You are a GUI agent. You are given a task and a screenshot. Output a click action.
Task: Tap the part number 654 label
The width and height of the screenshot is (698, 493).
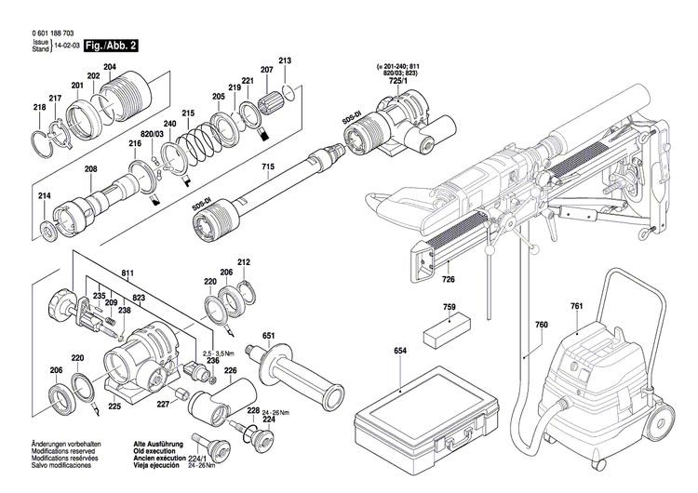coord(400,351)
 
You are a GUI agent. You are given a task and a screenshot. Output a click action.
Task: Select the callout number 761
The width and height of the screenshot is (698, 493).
coord(576,306)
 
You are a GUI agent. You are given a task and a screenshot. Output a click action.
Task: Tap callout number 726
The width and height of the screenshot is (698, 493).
coord(448,279)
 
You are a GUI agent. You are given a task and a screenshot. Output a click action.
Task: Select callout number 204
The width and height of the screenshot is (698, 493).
coord(110,67)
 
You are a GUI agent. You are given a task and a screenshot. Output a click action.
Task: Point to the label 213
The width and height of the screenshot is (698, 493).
coord(285,61)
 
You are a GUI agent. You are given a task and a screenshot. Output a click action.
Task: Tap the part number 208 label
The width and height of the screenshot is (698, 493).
coord(90,169)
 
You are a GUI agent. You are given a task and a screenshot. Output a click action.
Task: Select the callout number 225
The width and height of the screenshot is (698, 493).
coord(114,406)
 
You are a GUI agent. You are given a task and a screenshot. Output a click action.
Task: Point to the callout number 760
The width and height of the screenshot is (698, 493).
coord(542,325)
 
